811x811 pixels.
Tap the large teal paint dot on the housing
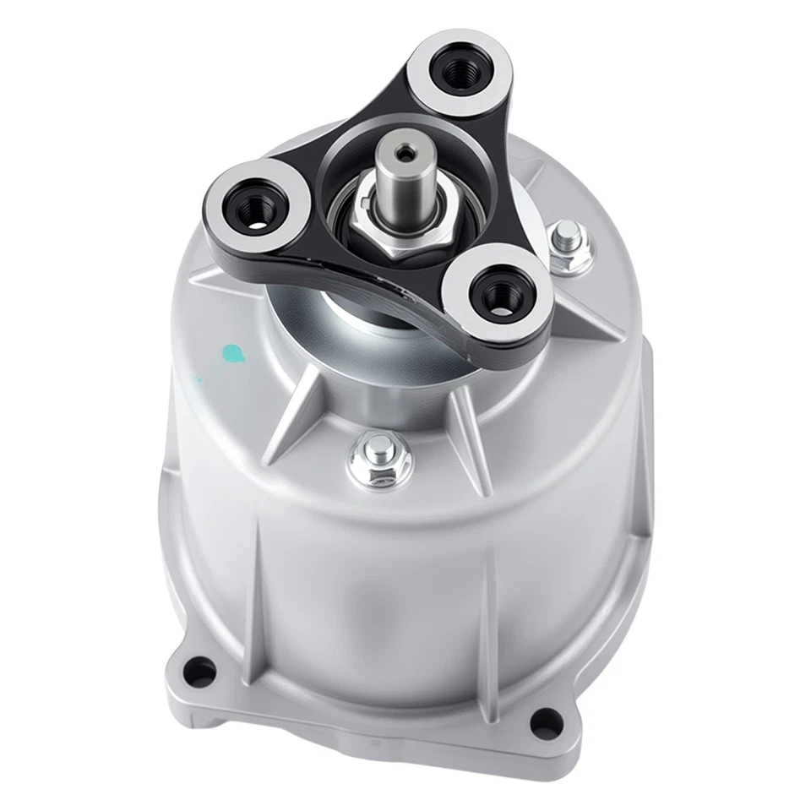[231, 352]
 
